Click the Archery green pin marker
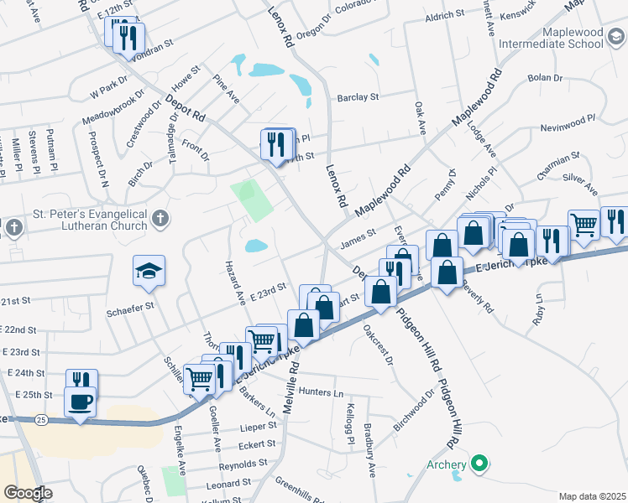pos(479,462)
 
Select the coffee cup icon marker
pos(81,402)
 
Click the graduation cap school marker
pos(149,272)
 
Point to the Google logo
pos(28,493)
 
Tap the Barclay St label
pos(358,97)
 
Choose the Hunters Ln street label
pos(321,392)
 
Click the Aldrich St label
pos(445,15)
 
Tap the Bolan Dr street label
pos(544,78)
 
